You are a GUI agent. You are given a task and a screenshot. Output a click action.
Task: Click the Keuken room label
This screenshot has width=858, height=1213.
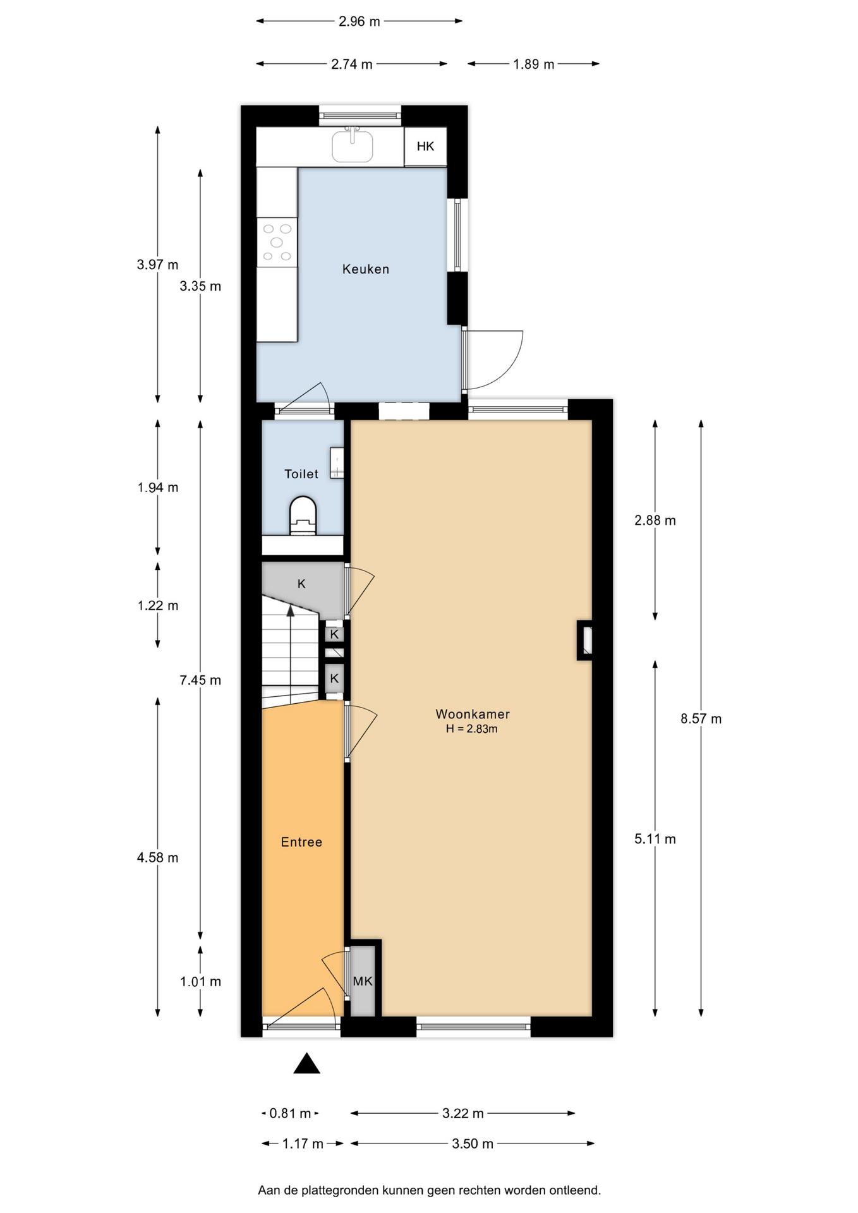[x=365, y=269]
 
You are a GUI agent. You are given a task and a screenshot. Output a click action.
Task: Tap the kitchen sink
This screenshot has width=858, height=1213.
[x=352, y=146]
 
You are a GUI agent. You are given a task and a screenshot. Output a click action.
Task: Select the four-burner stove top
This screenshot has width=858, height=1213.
[x=277, y=242]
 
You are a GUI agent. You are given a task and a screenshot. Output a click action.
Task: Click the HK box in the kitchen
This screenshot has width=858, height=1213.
[x=425, y=147]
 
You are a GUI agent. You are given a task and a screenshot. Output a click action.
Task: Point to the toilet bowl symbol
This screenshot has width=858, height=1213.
[x=303, y=516]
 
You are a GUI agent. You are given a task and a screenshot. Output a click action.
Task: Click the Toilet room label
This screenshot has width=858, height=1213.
[x=301, y=474]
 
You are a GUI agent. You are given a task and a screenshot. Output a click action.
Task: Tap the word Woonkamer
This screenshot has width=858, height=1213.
[x=473, y=714]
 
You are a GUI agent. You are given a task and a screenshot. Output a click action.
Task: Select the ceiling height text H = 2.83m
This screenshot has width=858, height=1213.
[x=472, y=729]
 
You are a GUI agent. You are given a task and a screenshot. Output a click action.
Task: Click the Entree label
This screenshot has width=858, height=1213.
[x=301, y=842]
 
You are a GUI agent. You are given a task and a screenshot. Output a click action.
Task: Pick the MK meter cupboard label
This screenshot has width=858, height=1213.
[x=363, y=981]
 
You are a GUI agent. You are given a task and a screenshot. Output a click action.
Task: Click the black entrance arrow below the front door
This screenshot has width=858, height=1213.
[x=306, y=1063]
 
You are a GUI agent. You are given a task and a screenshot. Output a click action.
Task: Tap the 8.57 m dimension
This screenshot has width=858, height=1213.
[x=701, y=718]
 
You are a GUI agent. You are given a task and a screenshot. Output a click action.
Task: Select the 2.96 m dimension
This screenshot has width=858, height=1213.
[x=360, y=21]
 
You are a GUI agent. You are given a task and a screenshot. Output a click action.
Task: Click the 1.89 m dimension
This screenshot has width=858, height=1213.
[x=533, y=64]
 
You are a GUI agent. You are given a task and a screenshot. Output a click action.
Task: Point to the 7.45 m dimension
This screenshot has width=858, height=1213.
[x=200, y=680]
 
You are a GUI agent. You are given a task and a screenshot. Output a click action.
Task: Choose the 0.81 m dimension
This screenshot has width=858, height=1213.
[x=290, y=1113]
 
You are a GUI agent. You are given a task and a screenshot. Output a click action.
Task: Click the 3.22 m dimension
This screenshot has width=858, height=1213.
[x=463, y=1113]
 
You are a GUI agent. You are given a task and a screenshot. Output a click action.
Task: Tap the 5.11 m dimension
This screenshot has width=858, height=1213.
[x=655, y=839]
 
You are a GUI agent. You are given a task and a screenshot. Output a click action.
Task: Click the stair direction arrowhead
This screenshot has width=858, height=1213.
[x=291, y=610]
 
